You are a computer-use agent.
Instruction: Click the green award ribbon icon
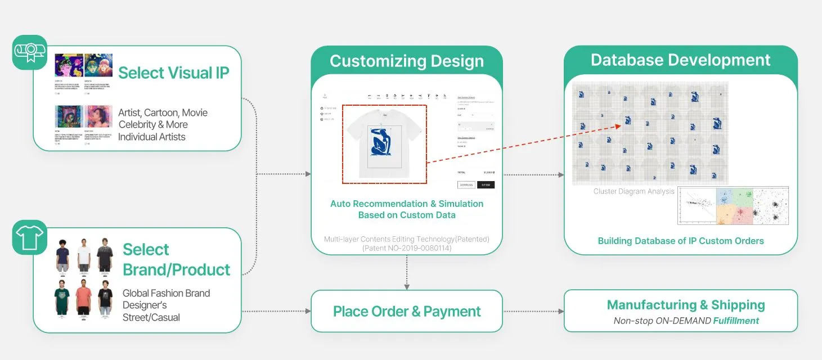[x=30, y=52]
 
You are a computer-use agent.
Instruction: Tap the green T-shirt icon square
[x=29, y=237]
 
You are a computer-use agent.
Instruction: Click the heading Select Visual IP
[x=173, y=73]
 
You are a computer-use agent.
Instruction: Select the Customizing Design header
[x=406, y=61]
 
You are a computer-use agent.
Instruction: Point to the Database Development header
[x=680, y=60]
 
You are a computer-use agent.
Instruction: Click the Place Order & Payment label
[x=407, y=311]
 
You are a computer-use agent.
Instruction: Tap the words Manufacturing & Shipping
[x=685, y=305]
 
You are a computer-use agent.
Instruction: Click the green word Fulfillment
[x=736, y=321]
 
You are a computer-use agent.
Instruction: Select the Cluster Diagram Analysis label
[x=634, y=191]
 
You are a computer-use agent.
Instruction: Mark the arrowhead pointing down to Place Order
[x=407, y=287]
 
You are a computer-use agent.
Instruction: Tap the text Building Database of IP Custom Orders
[x=680, y=241]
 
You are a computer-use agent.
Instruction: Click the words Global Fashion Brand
[x=166, y=293]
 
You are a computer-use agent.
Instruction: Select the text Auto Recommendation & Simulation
[x=406, y=204]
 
